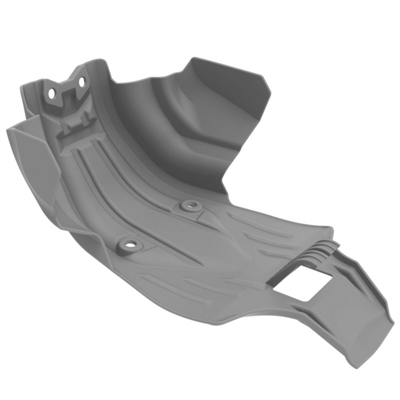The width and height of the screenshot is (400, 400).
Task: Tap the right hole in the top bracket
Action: pyautogui.click(x=82, y=82)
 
